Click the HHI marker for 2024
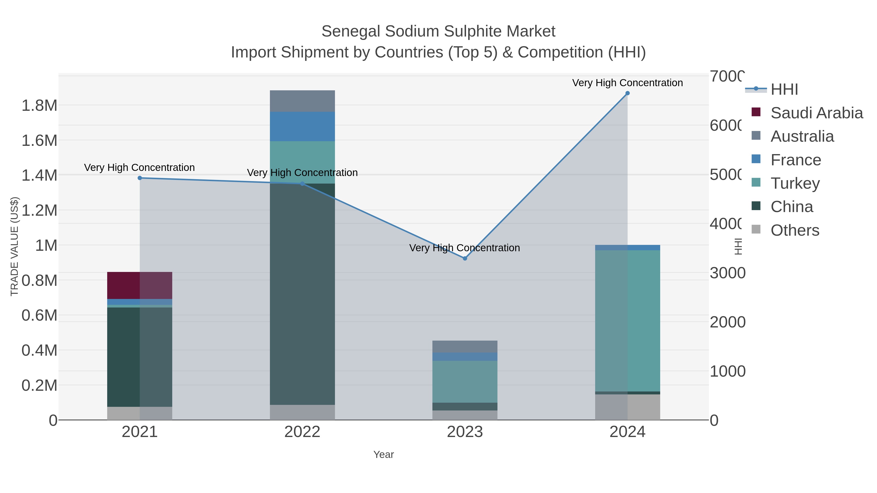[x=628, y=93]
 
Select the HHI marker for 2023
[x=465, y=258]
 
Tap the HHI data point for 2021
[x=140, y=178]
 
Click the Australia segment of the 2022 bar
[x=302, y=101]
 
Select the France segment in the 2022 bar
[x=302, y=126]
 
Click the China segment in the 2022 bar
[x=302, y=294]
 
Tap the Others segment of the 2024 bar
[x=628, y=407]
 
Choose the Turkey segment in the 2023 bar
[x=465, y=381]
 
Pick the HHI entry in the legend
[x=784, y=90]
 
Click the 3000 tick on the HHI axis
[x=727, y=273]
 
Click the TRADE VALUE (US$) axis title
[x=14, y=246]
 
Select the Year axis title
[x=383, y=455]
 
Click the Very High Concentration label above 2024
[x=628, y=83]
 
